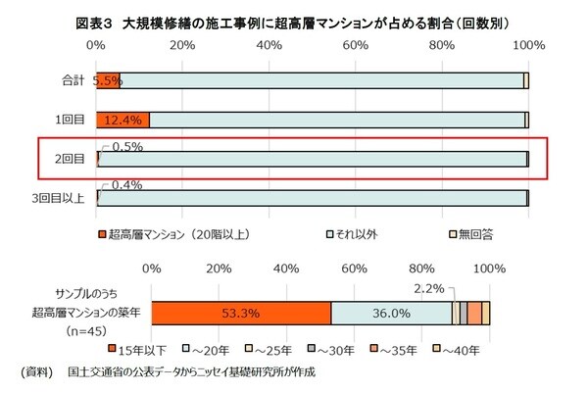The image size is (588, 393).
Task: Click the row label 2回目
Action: click(70, 159)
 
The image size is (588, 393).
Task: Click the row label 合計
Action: click(70, 80)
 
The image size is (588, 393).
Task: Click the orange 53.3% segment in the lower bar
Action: click(241, 313)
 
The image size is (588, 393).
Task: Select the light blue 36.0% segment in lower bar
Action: click(390, 313)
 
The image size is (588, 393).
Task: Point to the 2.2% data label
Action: click(430, 289)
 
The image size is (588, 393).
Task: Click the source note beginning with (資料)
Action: click(167, 373)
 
